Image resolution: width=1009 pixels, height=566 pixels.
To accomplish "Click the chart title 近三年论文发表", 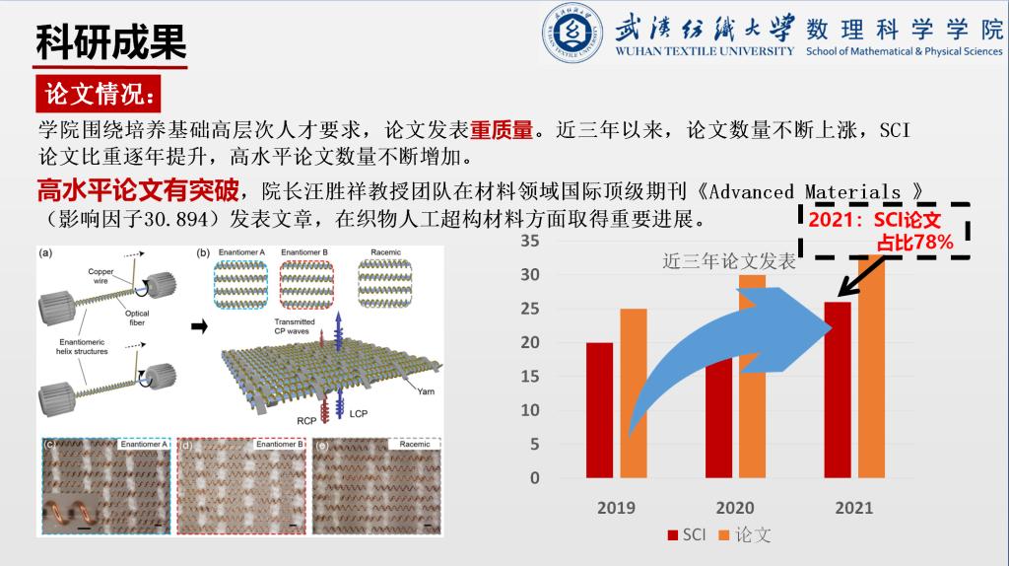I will click(729, 261).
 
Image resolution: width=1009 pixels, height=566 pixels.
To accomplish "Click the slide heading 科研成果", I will click(110, 41).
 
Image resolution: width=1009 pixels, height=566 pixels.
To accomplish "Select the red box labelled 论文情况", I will click(100, 95).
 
